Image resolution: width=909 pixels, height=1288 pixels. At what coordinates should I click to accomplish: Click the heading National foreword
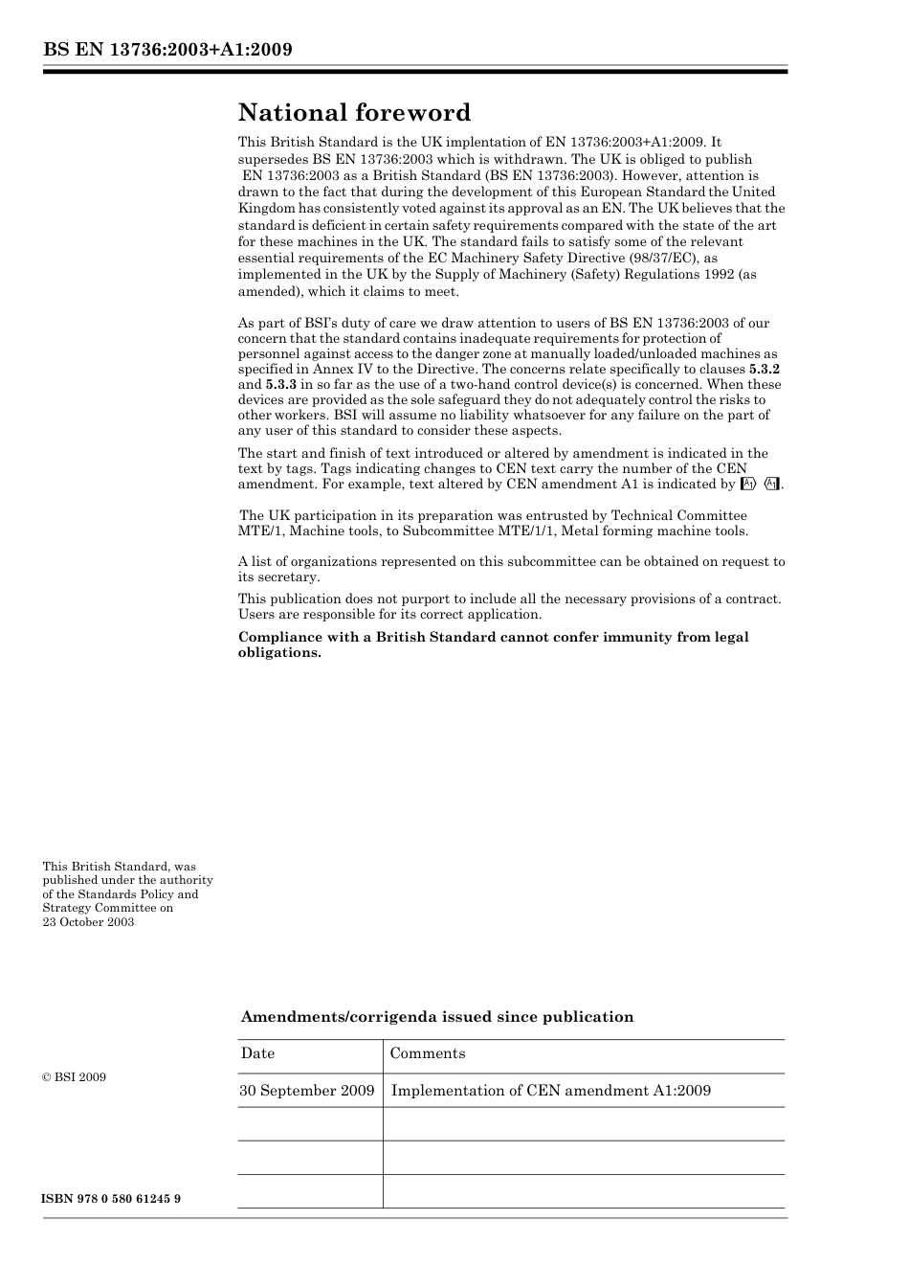354,113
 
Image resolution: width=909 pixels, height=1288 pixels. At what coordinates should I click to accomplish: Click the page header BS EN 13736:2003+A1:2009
167,50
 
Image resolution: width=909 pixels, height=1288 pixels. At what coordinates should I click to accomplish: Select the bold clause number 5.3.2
765,369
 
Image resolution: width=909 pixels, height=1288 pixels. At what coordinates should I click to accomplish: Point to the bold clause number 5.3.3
281,384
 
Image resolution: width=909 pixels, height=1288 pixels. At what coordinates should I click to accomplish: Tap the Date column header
257,1053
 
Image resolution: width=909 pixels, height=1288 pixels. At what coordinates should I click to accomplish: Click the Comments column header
428,1053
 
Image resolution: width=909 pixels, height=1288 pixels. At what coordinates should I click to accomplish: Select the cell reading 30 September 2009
307,1091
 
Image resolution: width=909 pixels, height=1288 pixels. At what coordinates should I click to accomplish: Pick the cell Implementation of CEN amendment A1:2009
551,1091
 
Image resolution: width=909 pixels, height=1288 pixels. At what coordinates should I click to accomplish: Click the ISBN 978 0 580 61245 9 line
111,1199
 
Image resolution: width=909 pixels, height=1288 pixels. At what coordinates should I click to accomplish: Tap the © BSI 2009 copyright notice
74,1077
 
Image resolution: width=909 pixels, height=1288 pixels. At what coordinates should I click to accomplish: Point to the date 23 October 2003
88,922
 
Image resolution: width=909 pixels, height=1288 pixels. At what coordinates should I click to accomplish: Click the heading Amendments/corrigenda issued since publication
436,1017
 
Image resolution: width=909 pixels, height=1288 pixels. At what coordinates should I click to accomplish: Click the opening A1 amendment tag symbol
749,485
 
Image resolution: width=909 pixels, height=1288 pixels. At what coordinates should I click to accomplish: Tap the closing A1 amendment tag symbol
772,485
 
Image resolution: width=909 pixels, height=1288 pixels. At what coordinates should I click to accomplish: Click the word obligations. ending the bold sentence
279,653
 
